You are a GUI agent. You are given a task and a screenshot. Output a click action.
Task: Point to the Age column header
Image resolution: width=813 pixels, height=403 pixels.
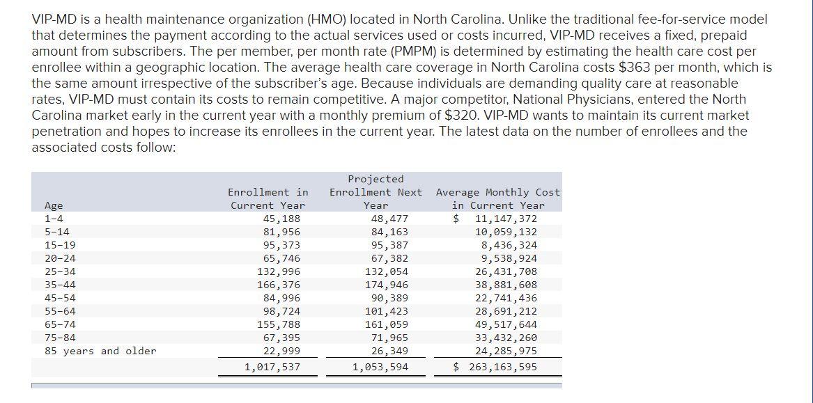click(54, 205)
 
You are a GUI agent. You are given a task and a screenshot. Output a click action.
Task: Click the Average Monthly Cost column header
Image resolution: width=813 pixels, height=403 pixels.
click(497, 198)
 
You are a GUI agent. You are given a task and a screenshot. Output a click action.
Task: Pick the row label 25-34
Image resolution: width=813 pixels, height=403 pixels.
click(60, 271)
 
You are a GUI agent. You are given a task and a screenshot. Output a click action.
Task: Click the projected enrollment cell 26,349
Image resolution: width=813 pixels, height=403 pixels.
click(389, 351)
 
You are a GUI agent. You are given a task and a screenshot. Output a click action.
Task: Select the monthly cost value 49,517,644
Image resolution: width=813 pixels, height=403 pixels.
click(506, 324)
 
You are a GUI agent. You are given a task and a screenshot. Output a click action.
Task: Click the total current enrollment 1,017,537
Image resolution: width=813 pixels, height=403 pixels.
click(272, 367)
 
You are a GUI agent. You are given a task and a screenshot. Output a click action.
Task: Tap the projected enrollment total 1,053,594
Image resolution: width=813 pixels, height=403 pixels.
click(380, 367)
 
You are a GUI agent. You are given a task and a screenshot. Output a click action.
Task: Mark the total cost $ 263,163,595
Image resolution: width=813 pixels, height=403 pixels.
click(495, 367)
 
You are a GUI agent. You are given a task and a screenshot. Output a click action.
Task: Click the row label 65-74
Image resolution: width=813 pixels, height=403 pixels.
click(60, 324)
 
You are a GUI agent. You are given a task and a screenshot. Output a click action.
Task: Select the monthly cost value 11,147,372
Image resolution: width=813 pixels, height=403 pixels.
click(506, 219)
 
